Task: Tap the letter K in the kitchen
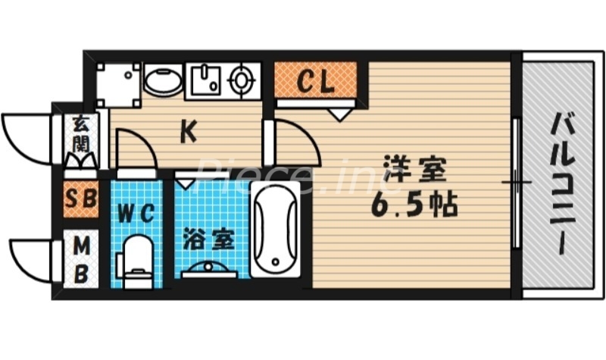(189, 133)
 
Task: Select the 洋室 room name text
(412, 168)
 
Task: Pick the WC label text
(137, 213)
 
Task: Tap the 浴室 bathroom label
(207, 240)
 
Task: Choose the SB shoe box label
(80, 200)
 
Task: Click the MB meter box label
(80, 260)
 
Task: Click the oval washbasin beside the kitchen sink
(161, 80)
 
